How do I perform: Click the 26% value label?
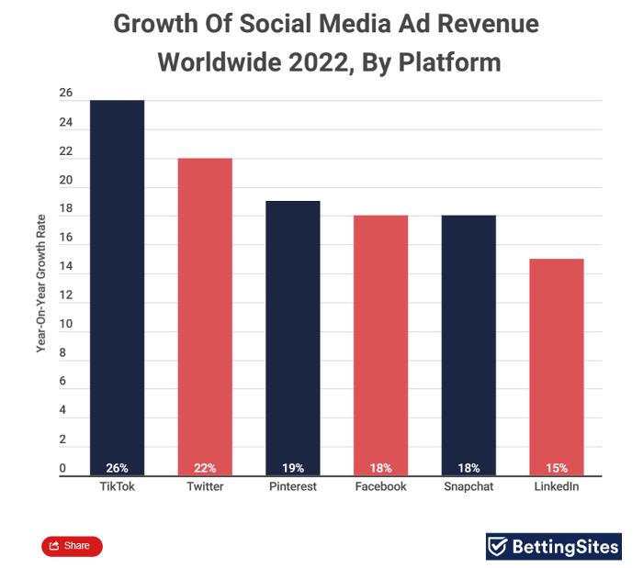point(117,468)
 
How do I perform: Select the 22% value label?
point(205,468)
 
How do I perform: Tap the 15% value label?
point(557,468)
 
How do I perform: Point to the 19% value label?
point(293,468)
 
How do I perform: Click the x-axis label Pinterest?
point(293,486)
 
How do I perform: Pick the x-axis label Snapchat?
point(468,486)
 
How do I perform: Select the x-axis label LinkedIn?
point(557,486)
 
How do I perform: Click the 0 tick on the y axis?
point(62,469)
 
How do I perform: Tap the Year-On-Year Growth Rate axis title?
point(41,284)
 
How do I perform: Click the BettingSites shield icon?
point(498,547)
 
